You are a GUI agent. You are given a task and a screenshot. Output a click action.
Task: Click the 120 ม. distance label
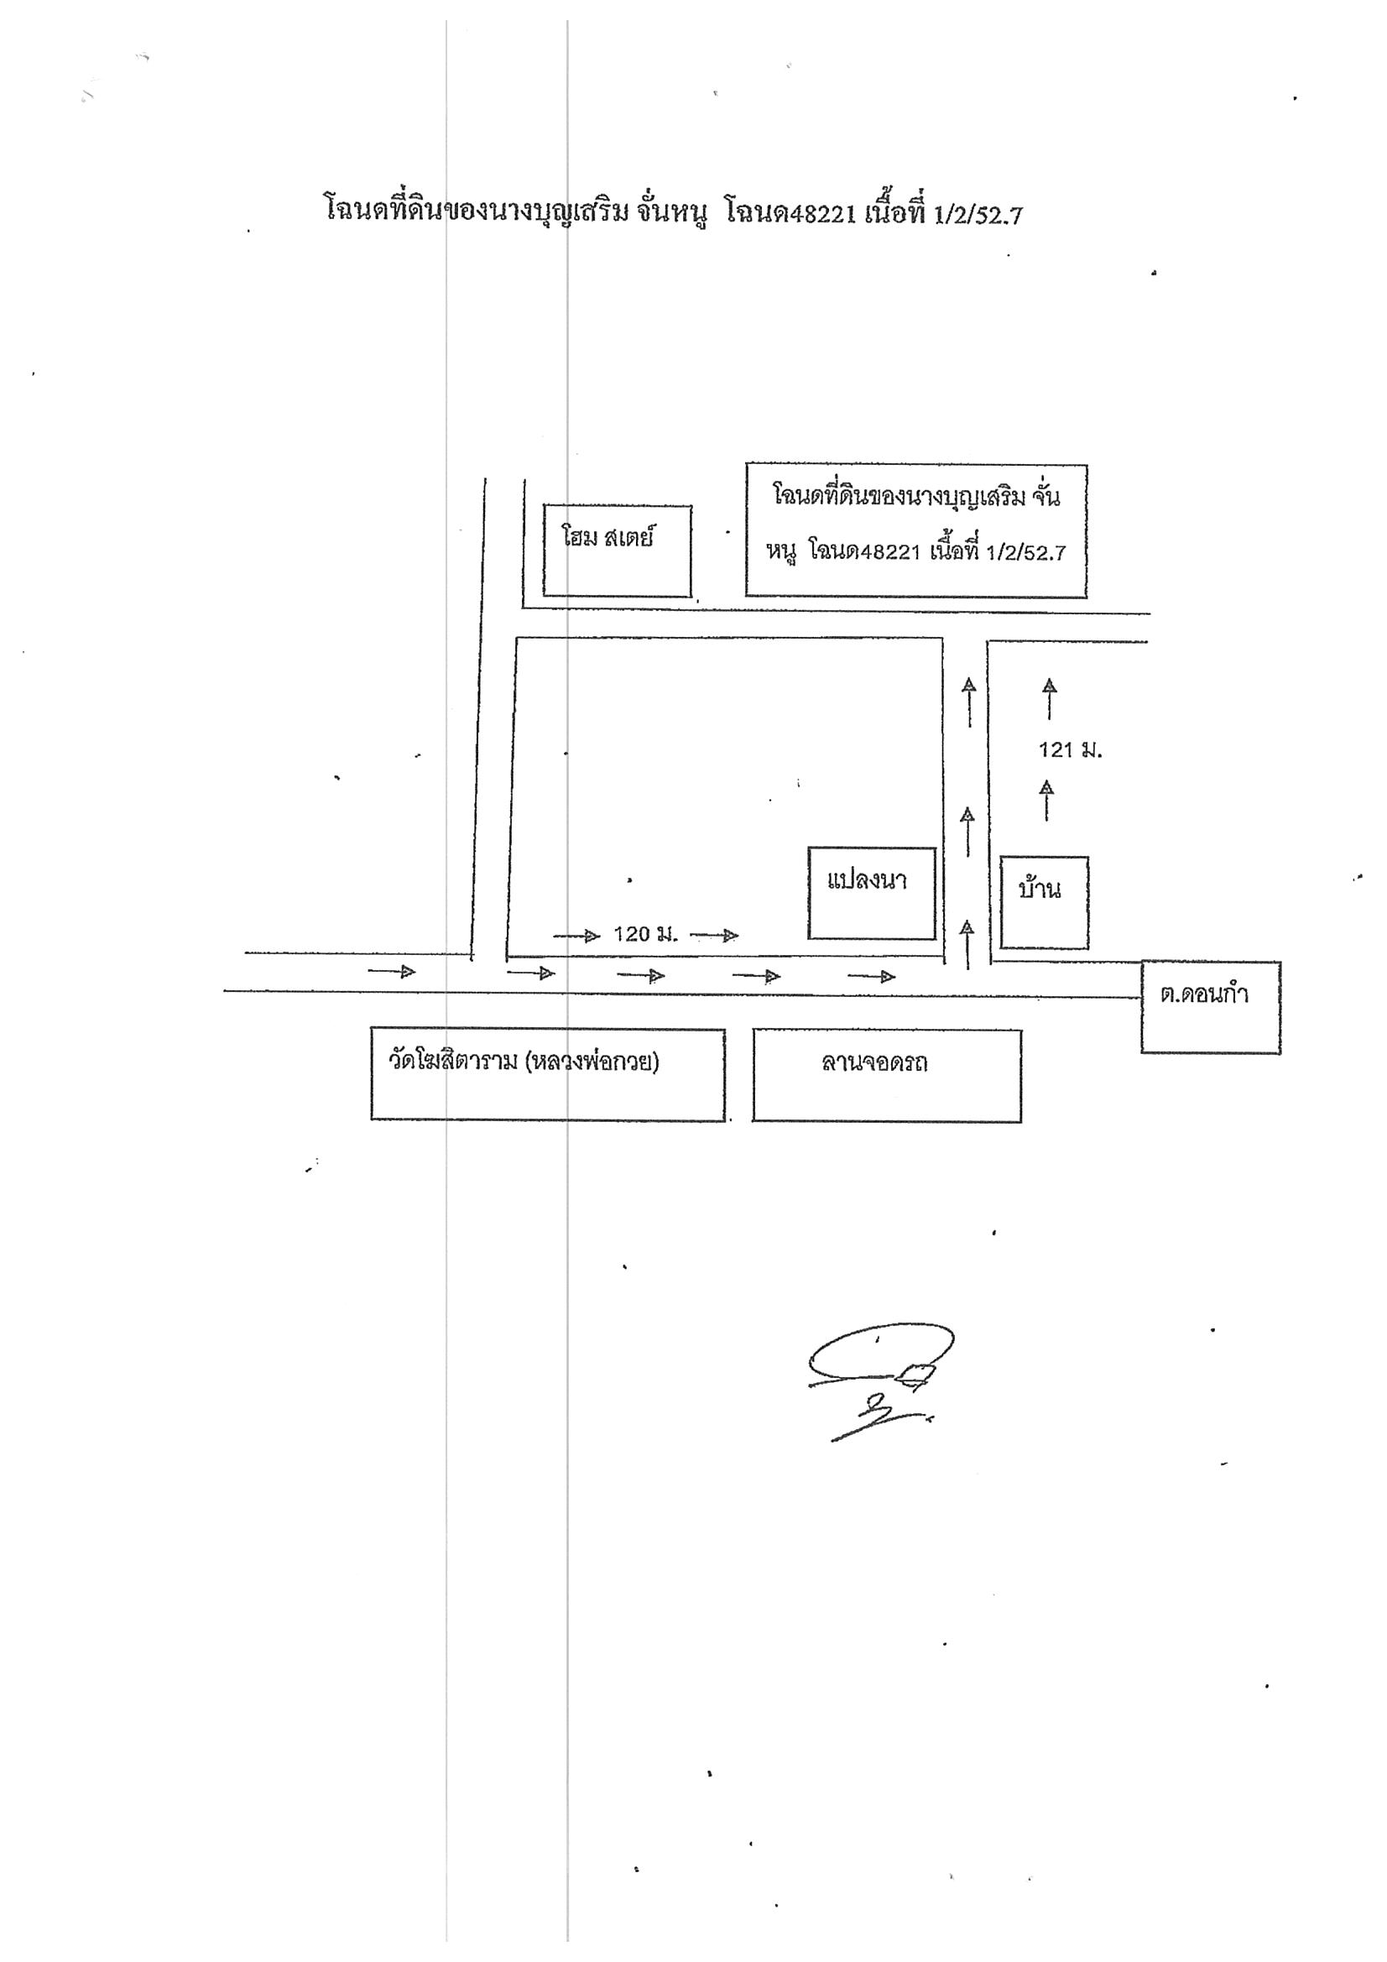[x=645, y=934]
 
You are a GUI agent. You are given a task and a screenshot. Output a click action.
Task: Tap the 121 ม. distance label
[x=1070, y=750]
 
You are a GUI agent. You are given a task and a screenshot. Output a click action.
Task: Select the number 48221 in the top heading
[x=822, y=214]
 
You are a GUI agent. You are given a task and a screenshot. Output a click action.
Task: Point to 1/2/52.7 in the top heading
[x=978, y=215]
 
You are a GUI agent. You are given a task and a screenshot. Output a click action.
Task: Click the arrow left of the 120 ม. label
[x=576, y=936]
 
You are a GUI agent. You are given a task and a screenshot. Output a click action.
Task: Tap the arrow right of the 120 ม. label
[x=713, y=935]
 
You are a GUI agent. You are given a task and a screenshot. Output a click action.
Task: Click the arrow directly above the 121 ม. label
[x=1050, y=698]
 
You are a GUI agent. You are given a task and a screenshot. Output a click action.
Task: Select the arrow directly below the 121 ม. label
[x=1047, y=800]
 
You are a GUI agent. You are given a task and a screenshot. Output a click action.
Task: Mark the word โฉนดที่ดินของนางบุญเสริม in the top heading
[x=476, y=209]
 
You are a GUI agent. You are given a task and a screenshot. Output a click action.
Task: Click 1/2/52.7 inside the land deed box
[x=1025, y=553]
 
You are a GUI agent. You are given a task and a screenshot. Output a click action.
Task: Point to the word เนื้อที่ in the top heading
[x=894, y=210]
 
